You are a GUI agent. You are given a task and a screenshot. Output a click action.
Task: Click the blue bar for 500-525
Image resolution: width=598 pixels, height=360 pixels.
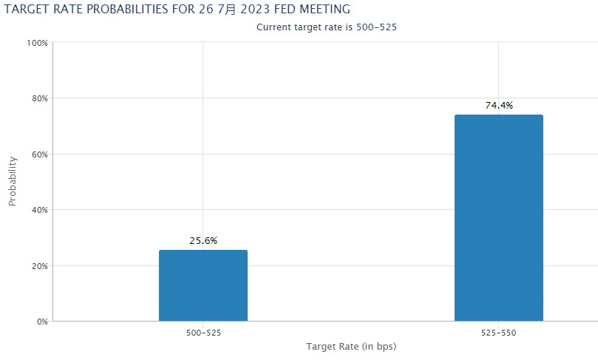(203, 285)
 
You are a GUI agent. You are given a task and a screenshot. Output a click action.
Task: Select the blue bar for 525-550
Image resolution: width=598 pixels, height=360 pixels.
(498, 218)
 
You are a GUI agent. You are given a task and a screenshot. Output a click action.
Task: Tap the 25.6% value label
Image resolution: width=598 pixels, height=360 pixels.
(203, 241)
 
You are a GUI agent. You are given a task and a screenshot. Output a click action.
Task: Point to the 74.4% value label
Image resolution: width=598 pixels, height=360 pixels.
(499, 106)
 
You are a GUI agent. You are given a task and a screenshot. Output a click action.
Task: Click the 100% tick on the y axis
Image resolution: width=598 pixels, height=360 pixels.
(37, 43)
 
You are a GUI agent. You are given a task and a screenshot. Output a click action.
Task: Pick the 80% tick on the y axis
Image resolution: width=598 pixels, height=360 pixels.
(38, 98)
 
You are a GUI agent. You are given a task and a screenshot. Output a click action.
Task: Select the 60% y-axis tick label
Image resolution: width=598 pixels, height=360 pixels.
(38, 154)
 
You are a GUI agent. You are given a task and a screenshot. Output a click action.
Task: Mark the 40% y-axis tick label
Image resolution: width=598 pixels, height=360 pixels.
(38, 210)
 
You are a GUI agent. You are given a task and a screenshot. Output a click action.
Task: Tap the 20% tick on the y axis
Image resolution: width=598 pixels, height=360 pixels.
(38, 266)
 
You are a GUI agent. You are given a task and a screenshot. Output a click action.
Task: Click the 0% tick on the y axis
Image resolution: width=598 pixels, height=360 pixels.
(41, 322)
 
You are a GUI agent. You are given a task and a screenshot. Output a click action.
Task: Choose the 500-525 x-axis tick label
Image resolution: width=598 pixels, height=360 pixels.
(203, 333)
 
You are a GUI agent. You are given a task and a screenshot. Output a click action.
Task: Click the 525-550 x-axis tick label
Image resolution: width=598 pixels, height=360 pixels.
(498, 333)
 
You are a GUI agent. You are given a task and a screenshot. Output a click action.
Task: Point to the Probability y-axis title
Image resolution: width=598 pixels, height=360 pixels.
(13, 182)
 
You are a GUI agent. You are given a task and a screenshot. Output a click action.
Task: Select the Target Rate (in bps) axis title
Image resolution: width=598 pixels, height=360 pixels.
(351, 347)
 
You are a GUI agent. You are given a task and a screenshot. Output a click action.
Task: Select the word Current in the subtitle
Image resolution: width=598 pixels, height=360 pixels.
(274, 27)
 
